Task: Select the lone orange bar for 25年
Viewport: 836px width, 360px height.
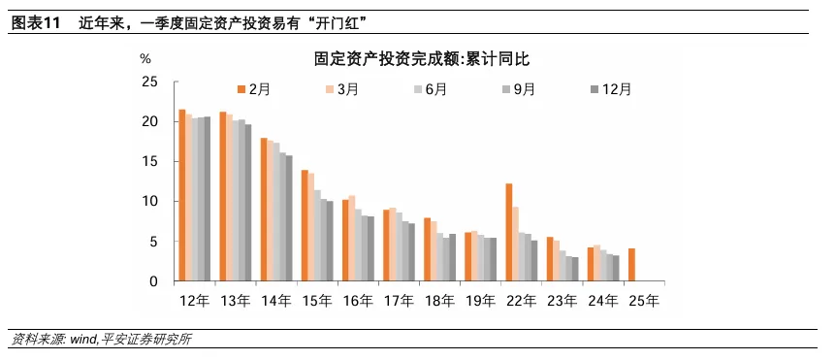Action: (631, 265)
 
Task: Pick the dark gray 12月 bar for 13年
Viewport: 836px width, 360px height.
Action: (247, 203)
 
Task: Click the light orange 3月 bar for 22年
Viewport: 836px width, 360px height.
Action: (517, 244)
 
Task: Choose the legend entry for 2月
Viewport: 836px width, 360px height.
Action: (253, 89)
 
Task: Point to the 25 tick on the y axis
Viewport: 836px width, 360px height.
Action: (150, 82)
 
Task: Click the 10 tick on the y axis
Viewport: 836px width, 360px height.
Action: (150, 202)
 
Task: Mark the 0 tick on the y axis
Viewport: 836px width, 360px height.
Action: (154, 282)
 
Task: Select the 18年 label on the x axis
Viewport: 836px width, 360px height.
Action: (439, 301)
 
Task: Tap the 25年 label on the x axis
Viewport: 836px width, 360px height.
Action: (643, 301)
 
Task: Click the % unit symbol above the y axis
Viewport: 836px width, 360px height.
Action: (145, 59)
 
